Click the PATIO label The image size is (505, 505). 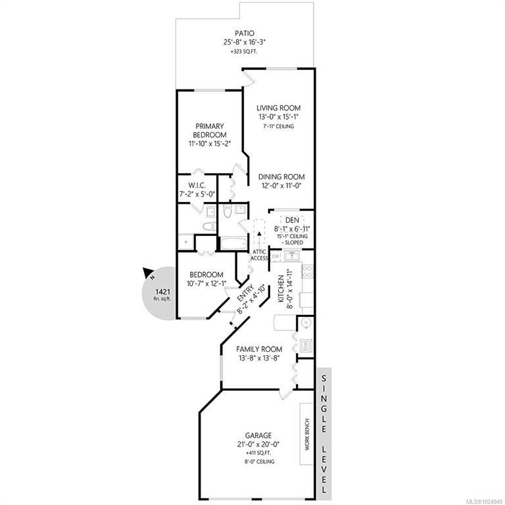245,33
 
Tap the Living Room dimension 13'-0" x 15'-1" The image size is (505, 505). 279,116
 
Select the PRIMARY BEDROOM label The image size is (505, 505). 210,130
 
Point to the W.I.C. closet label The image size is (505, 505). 197,185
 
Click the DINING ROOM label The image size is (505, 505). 281,177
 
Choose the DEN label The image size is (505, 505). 292,220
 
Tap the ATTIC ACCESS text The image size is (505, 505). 259,255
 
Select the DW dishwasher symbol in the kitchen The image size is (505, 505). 276,256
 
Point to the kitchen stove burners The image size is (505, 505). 308,271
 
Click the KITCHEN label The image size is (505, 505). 281,289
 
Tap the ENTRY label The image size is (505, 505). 245,293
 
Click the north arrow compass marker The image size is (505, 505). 149,274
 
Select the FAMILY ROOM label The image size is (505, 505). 259,349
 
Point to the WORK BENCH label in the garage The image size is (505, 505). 307,434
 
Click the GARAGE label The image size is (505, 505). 258,436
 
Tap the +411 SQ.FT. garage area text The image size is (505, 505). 259,453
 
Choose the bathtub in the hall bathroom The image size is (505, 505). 234,243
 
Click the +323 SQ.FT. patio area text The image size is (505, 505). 245,51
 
